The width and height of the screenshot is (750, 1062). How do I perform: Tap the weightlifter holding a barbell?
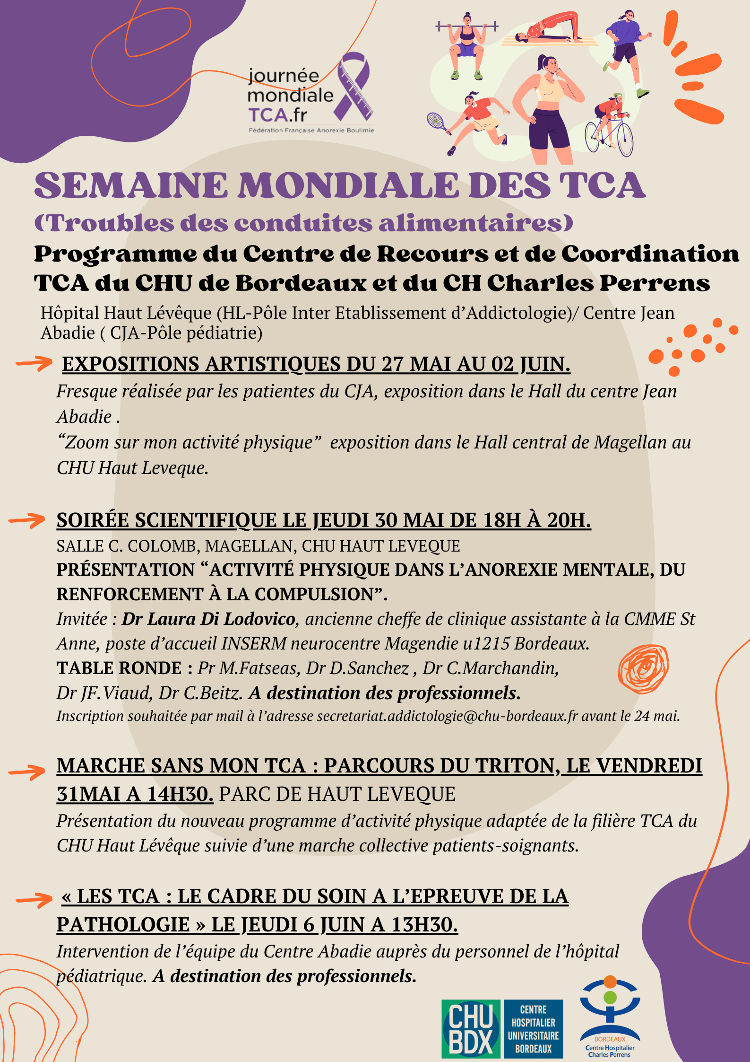pos(466,45)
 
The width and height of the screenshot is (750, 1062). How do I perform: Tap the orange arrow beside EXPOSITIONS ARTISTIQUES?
pos(34,363)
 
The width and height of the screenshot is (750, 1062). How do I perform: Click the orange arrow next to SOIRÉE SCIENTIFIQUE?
pos(27,520)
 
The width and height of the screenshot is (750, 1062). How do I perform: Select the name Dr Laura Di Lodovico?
pos(208,619)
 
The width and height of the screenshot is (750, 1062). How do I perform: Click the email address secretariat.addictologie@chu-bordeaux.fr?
pos(447,716)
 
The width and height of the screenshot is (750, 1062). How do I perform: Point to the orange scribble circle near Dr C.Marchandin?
pos(643,669)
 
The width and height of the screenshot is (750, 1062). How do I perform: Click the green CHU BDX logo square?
pos(470,1029)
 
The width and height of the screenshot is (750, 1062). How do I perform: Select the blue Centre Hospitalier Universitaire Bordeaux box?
pos(534,1029)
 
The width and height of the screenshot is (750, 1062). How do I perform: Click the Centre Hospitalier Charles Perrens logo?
pos(610,1017)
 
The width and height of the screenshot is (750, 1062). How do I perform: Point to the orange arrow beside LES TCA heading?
pos(34,899)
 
